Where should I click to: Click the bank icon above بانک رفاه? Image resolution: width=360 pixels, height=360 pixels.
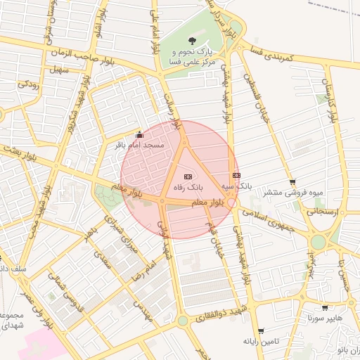[x=187, y=176]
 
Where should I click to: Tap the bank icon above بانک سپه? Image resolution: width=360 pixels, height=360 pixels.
[x=236, y=175]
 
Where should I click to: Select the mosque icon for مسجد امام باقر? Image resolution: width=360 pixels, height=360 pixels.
[x=139, y=134]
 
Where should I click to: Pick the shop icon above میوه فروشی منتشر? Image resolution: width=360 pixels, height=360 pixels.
[x=292, y=181]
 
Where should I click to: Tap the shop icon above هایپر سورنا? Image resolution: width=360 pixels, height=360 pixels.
[x=324, y=307]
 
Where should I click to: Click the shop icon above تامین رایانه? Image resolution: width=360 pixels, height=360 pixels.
[x=262, y=330]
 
